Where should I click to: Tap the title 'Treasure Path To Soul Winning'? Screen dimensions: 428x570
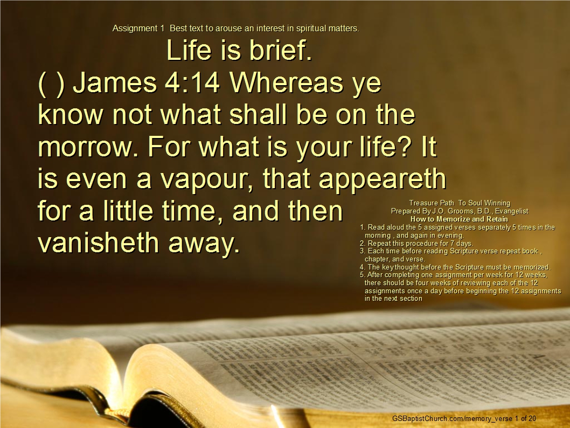460,203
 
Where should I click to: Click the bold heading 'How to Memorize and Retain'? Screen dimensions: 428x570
459,219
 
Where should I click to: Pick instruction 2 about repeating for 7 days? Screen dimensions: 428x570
416,244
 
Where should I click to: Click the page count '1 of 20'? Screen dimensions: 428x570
526,418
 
